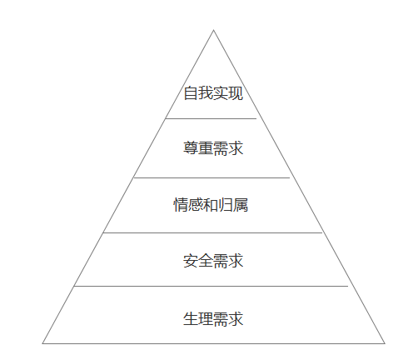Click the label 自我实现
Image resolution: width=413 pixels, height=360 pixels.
click(213, 93)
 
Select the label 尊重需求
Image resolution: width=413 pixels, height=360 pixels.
click(213, 147)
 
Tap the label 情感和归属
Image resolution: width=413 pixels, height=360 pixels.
click(211, 205)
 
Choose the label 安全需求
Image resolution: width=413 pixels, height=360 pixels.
click(213, 261)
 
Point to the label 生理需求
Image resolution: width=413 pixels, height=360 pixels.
click(213, 318)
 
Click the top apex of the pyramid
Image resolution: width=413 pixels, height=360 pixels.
click(213, 30)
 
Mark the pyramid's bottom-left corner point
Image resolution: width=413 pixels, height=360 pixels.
click(42, 343)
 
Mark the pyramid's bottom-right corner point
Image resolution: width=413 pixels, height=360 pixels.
click(385, 343)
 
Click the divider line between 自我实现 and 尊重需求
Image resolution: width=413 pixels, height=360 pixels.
click(211, 118)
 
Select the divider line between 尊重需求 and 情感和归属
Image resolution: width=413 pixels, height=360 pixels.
click(211, 177)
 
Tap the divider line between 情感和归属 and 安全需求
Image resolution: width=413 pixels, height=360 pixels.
click(212, 232)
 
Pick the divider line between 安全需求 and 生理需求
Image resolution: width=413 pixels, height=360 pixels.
click(211, 286)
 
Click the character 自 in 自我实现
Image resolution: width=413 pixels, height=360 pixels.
click(191, 93)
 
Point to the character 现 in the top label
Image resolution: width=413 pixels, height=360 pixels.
click(236, 93)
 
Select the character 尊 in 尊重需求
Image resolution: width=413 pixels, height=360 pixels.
click(191, 147)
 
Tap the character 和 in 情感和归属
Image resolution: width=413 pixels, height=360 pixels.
click(211, 205)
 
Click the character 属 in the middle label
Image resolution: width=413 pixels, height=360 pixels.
click(241, 205)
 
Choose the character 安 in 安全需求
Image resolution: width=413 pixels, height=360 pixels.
click(191, 261)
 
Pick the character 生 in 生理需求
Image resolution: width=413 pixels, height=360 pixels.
click(191, 318)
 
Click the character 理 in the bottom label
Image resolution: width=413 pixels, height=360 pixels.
click(206, 318)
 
